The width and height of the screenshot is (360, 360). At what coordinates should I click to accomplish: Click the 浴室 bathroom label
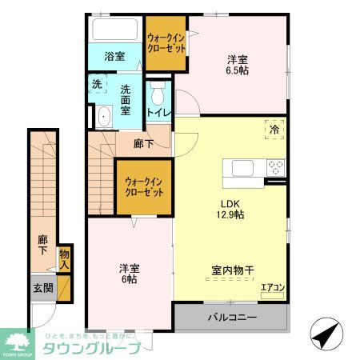pos(114,56)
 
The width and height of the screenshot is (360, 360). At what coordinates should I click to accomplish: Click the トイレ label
pos(157,114)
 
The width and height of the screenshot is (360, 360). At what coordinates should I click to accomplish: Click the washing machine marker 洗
pos(96,84)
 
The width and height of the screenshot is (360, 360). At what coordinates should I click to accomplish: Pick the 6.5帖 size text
pos(235,71)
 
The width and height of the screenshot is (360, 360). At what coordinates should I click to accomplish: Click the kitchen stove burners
pos(276,168)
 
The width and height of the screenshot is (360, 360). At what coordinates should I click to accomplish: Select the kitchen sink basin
pos(242,168)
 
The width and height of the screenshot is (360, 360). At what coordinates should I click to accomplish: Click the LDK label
pos(229,202)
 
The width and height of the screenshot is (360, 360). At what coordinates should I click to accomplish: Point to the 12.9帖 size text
pos(229,214)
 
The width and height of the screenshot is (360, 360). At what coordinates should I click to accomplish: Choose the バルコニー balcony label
pos(233,318)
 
